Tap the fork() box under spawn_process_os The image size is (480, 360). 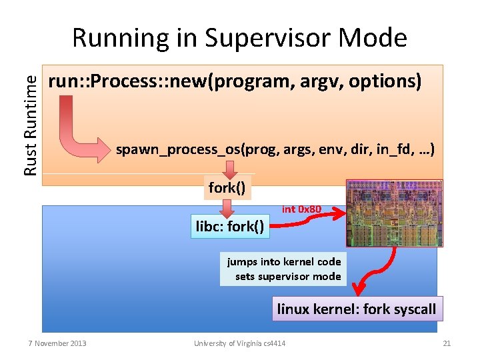(x=227, y=187)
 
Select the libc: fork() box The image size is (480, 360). (x=230, y=226)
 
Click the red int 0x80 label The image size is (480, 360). (x=302, y=209)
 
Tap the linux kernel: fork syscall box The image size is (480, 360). (x=357, y=309)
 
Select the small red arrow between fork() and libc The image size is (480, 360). (x=227, y=207)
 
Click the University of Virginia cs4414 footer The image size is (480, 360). (x=240, y=343)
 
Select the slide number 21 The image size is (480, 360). (x=447, y=343)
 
